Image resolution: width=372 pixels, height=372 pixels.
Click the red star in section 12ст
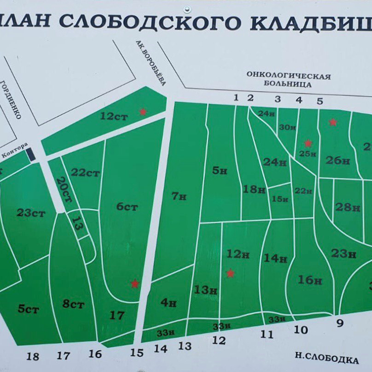click(x=142, y=111)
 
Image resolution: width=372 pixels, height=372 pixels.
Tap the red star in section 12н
click(x=230, y=273)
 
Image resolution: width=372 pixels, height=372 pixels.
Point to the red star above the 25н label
click(x=307, y=144)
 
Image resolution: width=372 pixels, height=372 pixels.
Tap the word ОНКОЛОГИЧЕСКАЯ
click(x=289, y=76)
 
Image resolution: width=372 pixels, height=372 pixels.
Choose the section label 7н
click(x=179, y=196)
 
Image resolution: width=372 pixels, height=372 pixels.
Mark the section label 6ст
click(x=127, y=206)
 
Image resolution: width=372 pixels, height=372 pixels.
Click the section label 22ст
click(x=86, y=173)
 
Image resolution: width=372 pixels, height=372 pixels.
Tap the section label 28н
click(x=348, y=207)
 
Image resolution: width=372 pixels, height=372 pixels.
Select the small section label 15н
click(x=279, y=199)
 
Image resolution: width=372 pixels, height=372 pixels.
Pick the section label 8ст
click(x=73, y=305)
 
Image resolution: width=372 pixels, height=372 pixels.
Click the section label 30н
click(x=287, y=128)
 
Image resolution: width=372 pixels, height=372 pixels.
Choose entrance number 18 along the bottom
click(x=33, y=357)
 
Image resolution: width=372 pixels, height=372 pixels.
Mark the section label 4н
click(x=168, y=303)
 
